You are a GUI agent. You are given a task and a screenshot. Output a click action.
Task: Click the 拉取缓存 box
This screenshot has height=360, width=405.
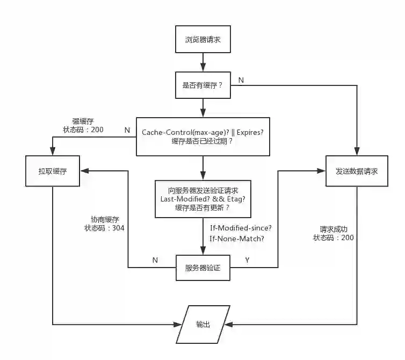click(52, 171)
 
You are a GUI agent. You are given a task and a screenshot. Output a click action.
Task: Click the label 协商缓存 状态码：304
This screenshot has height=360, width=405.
click(105, 224)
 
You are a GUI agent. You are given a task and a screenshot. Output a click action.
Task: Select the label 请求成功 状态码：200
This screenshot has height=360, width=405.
click(334, 233)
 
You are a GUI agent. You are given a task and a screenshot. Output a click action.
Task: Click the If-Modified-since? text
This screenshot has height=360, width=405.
click(241, 228)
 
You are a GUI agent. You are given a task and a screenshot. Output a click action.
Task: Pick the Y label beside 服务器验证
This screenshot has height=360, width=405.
click(247, 260)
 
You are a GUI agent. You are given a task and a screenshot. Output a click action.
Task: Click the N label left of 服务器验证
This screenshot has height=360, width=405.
click(155, 260)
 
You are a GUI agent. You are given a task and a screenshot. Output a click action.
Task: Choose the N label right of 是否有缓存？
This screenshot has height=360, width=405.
click(241, 80)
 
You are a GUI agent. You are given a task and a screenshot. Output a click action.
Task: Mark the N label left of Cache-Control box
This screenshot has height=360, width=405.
click(127, 129)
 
